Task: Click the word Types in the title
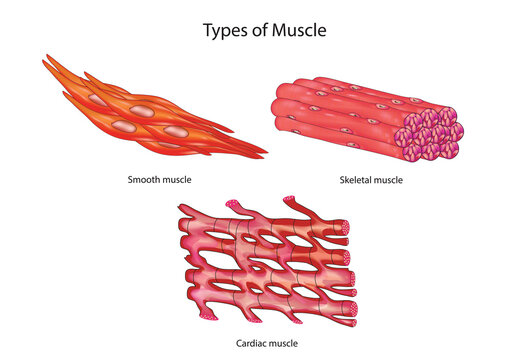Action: [x=227, y=30]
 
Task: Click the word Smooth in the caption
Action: [x=145, y=180]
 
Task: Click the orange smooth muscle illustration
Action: [x=150, y=110]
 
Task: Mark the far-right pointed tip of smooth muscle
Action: [x=264, y=155]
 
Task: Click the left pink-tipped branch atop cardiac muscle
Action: [x=183, y=207]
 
